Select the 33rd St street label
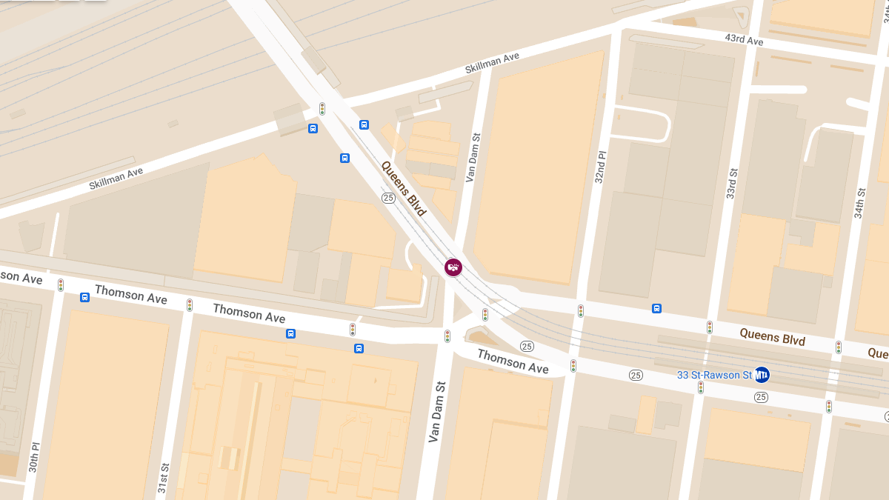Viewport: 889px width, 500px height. pos(731,183)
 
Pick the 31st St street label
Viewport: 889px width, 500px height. pos(164,479)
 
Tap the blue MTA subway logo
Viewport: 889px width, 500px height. pos(762,375)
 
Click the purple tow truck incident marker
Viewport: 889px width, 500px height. pos(453,267)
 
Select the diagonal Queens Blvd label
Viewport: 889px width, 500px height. pos(404,188)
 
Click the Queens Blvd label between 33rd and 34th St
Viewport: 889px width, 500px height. pos(772,337)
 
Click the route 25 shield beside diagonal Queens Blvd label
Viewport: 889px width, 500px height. pos(388,198)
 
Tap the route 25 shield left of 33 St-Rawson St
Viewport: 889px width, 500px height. pos(636,375)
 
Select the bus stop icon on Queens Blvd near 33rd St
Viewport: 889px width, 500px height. pos(656,308)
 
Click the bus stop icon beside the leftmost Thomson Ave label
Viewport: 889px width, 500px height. pos(85,297)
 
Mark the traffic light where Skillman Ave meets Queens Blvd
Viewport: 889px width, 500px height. pos(322,109)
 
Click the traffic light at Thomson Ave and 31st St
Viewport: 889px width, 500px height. pos(190,304)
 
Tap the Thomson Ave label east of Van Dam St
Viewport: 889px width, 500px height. pos(513,361)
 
